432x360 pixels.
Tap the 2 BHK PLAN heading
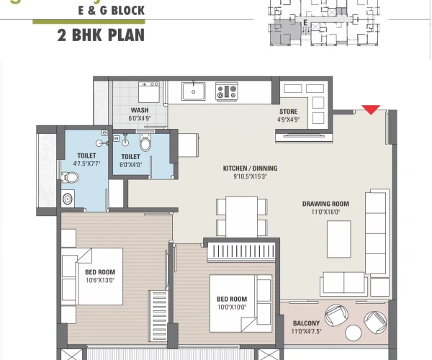100,34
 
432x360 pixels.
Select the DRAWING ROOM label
325,204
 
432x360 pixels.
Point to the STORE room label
289,112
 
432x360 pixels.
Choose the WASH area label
140,110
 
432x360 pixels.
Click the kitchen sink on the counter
193,91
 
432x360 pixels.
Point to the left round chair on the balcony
335,316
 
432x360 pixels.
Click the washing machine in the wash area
149,94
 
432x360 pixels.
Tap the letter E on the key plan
305,23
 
